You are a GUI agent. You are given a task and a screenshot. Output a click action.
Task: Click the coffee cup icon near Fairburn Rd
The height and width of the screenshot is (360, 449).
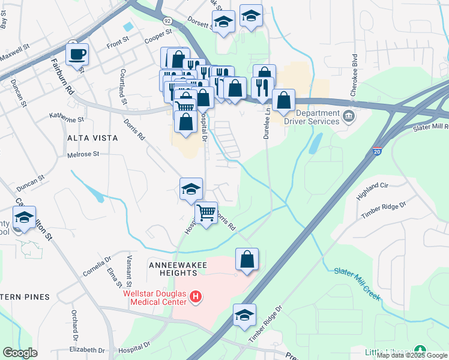[77, 55]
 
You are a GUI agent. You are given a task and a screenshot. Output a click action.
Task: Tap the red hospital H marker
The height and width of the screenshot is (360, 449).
[194, 296]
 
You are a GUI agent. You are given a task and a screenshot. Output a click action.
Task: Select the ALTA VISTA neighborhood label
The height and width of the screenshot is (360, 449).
[93, 137]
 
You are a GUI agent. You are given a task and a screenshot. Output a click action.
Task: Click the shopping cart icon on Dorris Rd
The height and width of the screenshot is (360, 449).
[206, 213]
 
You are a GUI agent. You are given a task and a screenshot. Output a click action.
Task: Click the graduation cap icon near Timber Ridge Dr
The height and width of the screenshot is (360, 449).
[244, 315]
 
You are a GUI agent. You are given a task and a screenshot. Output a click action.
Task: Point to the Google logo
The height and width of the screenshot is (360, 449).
[20, 353]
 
